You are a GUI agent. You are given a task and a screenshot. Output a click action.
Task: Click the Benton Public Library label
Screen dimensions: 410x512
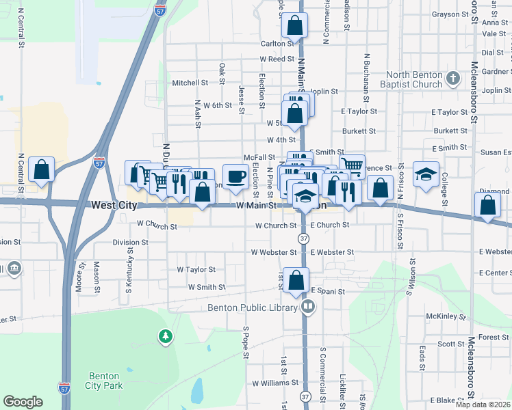click(x=253, y=307)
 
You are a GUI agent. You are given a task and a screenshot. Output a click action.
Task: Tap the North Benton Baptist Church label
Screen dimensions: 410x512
click(x=414, y=79)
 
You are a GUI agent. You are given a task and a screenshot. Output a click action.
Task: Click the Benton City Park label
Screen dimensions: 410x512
click(x=104, y=381)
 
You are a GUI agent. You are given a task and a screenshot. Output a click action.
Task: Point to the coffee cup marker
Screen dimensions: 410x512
click(x=235, y=177)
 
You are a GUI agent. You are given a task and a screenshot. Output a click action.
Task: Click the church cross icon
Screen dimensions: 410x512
click(x=452, y=79)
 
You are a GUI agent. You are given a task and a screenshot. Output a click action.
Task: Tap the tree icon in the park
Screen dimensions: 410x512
click(x=165, y=336)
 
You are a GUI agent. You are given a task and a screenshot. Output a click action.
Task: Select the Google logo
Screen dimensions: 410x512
click(x=23, y=402)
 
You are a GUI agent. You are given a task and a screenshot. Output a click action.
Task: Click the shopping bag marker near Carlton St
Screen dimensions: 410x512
click(x=294, y=26)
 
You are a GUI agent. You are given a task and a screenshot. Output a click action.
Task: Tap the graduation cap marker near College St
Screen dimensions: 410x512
click(x=426, y=174)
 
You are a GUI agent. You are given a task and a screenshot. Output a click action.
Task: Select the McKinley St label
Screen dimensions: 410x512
click(x=446, y=317)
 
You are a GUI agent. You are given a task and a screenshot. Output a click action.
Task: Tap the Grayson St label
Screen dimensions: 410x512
click(x=449, y=14)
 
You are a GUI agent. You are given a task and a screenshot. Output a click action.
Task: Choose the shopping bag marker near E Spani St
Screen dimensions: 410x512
click(x=296, y=280)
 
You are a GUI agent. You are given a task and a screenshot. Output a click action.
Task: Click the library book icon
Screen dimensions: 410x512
click(x=307, y=307)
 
